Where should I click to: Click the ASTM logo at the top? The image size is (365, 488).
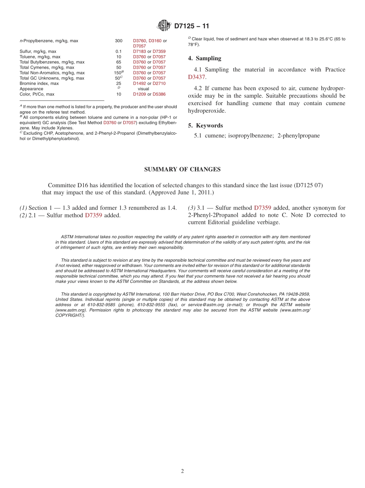(x=164, y=26)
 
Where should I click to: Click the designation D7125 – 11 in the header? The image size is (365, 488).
(x=192, y=26)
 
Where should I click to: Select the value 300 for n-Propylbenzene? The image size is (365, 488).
(x=118, y=41)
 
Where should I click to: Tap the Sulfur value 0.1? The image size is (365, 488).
(x=118, y=51)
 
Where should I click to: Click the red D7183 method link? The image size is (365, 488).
(x=139, y=51)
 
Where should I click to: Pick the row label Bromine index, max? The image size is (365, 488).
(x=39, y=83)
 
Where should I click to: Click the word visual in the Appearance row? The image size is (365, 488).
(x=143, y=89)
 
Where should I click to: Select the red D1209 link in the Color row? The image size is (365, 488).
(x=139, y=94)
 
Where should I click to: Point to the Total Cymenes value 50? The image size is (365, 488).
(x=118, y=68)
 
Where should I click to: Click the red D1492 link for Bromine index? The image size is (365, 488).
(x=139, y=83)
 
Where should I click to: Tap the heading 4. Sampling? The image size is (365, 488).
(x=204, y=58)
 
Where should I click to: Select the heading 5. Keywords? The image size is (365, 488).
(x=205, y=125)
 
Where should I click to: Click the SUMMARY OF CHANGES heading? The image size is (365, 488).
(x=182, y=169)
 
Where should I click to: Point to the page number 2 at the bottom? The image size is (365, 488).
(x=182, y=471)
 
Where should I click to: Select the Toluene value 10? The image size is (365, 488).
(x=118, y=57)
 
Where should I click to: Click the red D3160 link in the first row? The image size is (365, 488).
(x=155, y=41)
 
